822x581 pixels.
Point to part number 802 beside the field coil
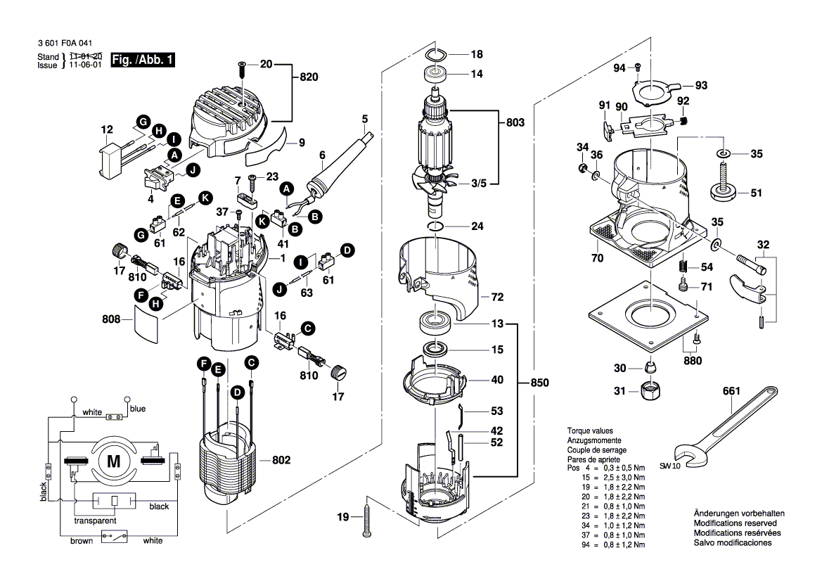tap(281, 460)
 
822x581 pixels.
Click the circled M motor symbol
tap(113, 461)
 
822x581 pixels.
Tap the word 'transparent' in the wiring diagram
tap(95, 521)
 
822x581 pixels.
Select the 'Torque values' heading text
tap(590, 430)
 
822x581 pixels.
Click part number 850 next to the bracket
tap(539, 383)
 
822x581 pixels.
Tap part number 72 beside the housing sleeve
tap(497, 298)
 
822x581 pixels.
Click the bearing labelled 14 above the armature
tap(437, 73)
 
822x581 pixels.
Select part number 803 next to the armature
tap(515, 122)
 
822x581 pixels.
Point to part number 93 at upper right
tap(701, 85)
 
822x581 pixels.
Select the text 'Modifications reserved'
tap(735, 524)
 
